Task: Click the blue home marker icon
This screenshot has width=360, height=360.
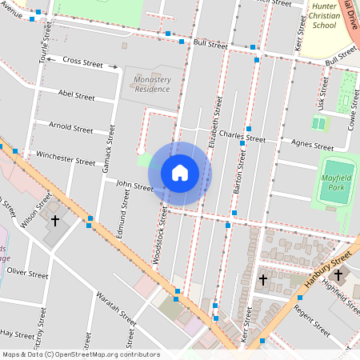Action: pos(180,173)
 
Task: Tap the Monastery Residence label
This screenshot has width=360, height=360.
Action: pos(152,84)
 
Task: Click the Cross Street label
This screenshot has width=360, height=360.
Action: pos(83,61)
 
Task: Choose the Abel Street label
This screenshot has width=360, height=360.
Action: pos(76,94)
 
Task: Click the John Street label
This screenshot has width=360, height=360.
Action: pos(134,186)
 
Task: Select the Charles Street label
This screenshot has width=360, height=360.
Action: pos(242,136)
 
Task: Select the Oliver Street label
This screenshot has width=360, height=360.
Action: pos(27,273)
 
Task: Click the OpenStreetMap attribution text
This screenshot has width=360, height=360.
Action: pos(80,354)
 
